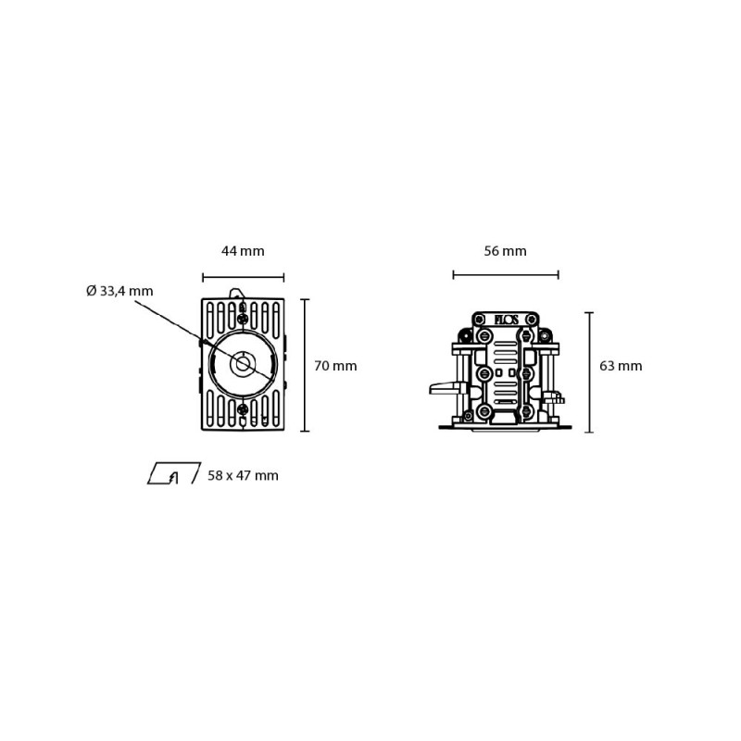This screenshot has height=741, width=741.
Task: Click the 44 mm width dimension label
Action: coord(243,251)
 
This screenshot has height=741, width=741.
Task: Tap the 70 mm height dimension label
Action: coord(335,366)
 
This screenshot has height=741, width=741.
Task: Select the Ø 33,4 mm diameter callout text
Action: coord(119,291)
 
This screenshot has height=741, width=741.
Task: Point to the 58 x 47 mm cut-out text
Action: coord(243,475)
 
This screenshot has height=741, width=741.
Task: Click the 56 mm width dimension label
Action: coord(505,251)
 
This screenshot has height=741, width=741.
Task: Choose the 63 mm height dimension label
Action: coord(621,366)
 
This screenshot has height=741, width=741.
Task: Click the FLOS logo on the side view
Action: coord(506,320)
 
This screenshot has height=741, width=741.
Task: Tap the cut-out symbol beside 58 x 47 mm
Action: coord(174,473)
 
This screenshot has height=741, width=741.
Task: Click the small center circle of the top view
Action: coord(243,364)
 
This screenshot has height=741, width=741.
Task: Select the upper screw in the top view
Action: coord(243,319)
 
